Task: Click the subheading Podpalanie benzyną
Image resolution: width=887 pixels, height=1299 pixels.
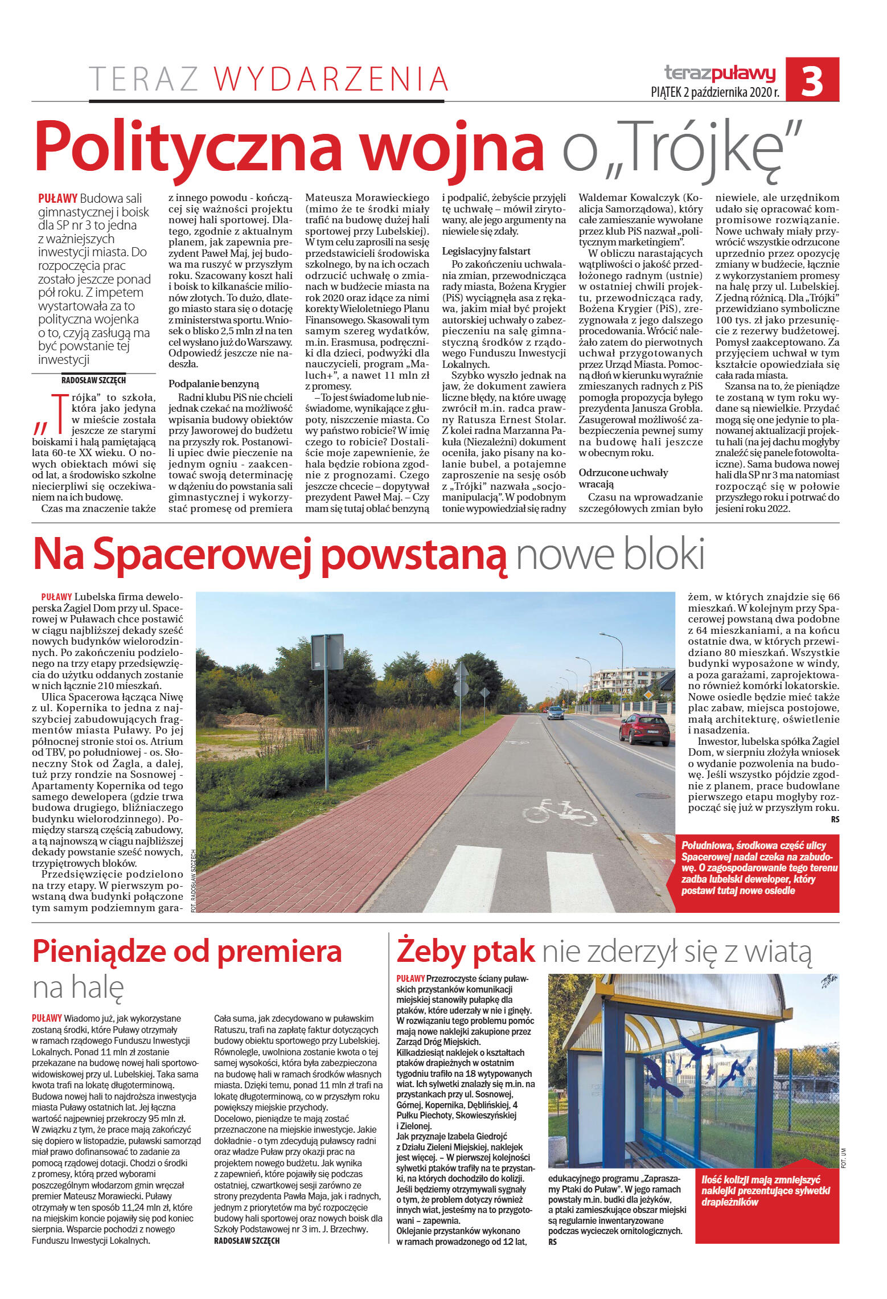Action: [x=213, y=384]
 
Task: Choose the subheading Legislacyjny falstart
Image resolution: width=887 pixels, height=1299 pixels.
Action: [x=486, y=251]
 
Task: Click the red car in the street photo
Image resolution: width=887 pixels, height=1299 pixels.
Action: [x=644, y=730]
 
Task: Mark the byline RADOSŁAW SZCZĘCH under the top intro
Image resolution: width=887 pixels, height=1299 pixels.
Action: [x=93, y=380]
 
